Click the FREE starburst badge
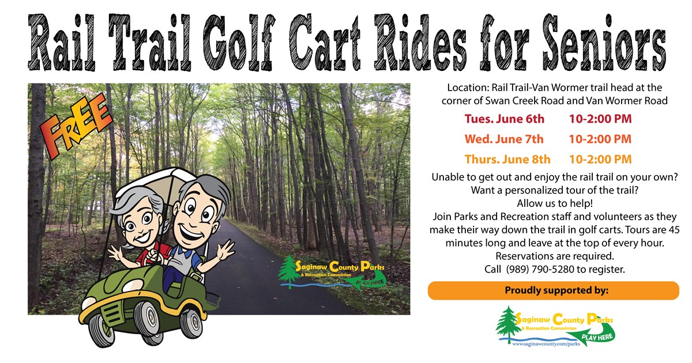76,126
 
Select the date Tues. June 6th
504,119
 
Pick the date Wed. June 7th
504,139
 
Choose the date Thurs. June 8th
507,159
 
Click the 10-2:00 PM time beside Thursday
600,159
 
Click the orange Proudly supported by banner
553,290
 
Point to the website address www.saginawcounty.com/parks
546,343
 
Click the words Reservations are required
555,256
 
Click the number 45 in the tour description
674,230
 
